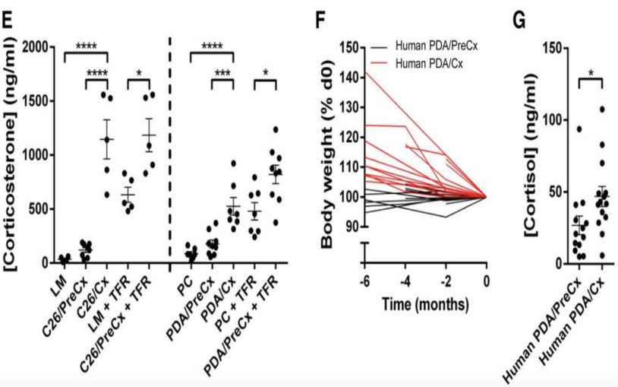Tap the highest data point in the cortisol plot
point(603,109)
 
